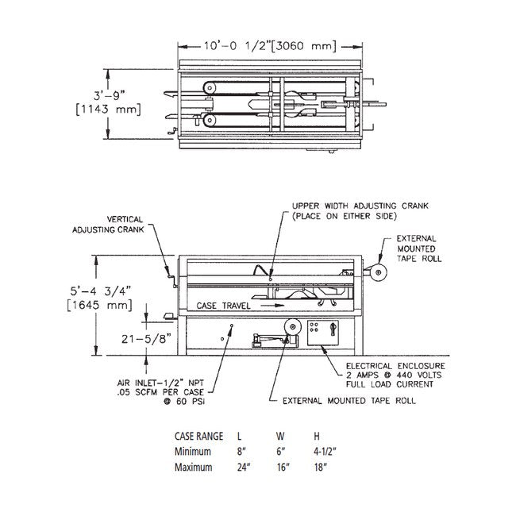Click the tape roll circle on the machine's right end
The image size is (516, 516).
[376, 274]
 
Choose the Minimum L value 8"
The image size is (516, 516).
[241, 451]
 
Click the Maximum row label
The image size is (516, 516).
[194, 467]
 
